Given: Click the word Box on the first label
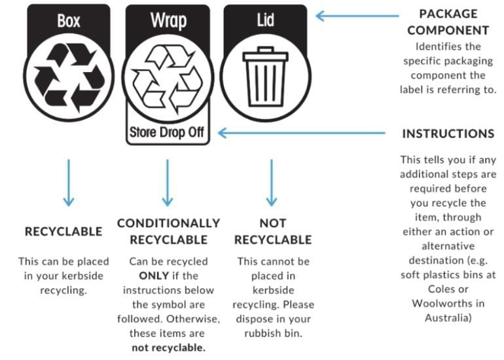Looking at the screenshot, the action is pos(69,21).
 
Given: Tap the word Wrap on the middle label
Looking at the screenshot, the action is pos(168,21).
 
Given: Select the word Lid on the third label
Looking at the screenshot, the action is pos(266,20).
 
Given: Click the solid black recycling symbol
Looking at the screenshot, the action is pos(69,77).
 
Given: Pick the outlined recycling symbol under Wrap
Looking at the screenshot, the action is pos(168,79).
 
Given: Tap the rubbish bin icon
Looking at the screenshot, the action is pos(266,77).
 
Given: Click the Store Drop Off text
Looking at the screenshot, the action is pos(167,132).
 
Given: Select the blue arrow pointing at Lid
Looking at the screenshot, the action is pos(357,16).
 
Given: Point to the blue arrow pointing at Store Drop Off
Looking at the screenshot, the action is pos(302,133).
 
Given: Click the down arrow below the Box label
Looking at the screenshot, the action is pos(69,183).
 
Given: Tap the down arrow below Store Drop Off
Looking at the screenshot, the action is pos(167,183).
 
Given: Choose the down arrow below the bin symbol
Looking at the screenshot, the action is pos(272,183).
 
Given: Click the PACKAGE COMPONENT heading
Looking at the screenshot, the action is pos(448,22).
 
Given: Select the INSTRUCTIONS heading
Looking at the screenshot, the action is pos(448,134).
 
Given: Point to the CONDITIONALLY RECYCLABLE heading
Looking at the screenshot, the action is pos(168,232).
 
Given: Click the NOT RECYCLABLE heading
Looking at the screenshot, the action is pos(273,232).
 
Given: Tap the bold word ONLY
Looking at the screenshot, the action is pos(154,276).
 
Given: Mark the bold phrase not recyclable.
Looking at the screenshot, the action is pos(168,348).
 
